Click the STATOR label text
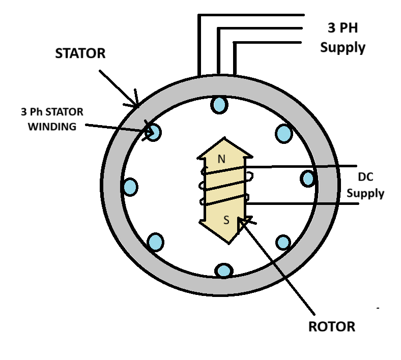point(80,53)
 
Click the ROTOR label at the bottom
point(332,326)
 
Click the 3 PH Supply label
point(342,38)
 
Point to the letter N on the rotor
point(221,159)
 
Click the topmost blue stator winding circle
point(219,105)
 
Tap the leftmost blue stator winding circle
point(130,187)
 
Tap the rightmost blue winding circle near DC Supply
point(308,178)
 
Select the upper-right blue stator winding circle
point(284,134)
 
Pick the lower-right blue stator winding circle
point(283,242)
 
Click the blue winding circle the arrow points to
point(153,133)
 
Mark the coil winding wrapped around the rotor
point(223,187)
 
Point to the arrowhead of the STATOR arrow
point(137,106)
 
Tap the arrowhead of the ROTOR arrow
point(241,220)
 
